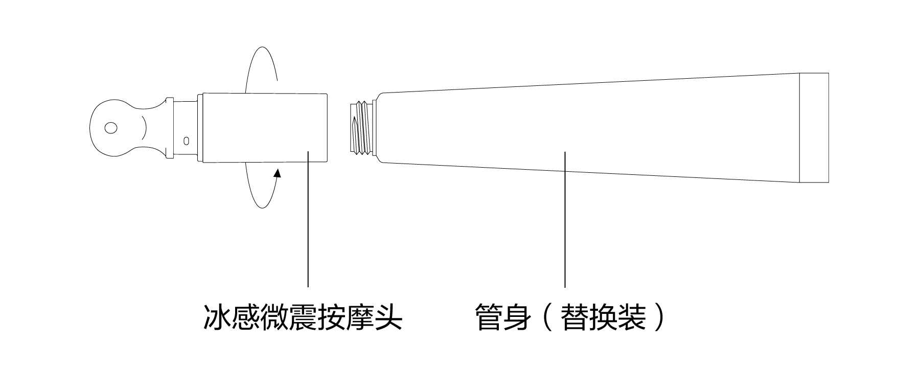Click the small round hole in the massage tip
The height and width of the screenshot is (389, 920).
coord(111,127)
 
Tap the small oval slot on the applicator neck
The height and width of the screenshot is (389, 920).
coord(186,140)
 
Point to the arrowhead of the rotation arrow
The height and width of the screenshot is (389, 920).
coord(278,174)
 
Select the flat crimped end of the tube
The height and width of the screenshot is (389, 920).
coord(813,128)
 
